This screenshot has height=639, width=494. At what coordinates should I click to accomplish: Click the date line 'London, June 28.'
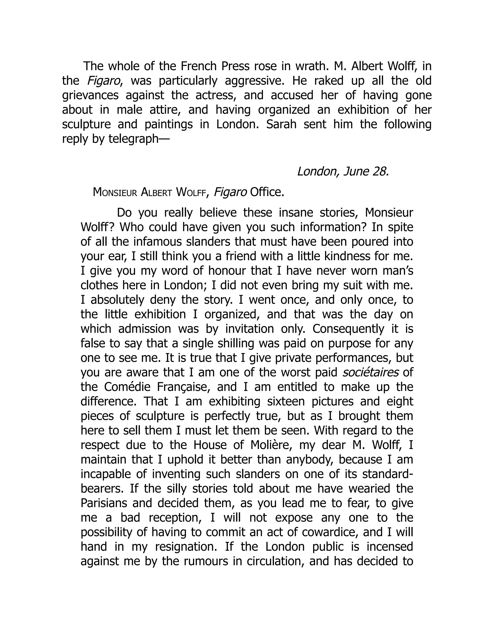tap(343, 171)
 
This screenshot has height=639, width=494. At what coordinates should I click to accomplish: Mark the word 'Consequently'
tap(348, 329)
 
